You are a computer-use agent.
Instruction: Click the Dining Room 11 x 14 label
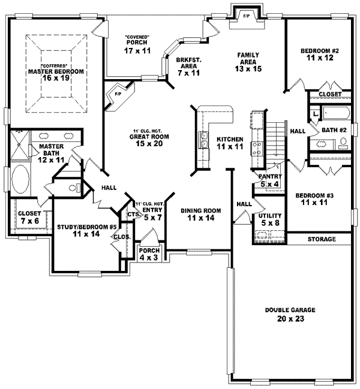pyautogui.click(x=201, y=215)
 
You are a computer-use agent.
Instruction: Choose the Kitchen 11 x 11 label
pyautogui.click(x=230, y=142)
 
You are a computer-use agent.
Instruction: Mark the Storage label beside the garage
pyautogui.click(x=320, y=239)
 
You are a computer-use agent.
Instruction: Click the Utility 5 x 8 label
pyautogui.click(x=266, y=220)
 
